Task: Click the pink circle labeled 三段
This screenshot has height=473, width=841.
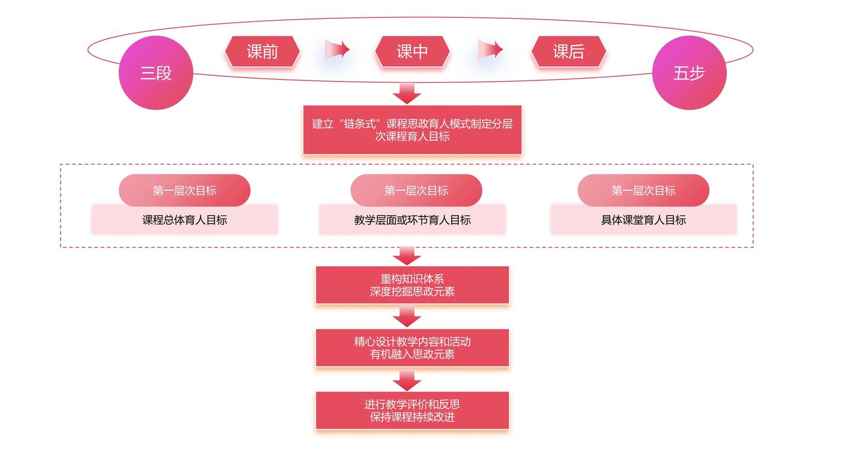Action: click(156, 73)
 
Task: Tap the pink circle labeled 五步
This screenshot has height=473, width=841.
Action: click(689, 73)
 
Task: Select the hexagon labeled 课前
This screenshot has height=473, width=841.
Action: click(262, 51)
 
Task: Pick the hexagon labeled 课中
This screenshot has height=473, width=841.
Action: click(412, 51)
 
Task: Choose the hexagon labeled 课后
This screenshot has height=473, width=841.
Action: click(568, 51)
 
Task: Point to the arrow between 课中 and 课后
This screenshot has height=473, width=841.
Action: click(490, 50)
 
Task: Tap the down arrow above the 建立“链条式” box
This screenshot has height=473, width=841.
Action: click(407, 93)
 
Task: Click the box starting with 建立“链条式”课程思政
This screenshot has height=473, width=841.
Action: click(412, 130)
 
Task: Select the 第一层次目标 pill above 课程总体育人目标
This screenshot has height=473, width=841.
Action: click(185, 190)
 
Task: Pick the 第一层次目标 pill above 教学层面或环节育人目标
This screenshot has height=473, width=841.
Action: click(416, 190)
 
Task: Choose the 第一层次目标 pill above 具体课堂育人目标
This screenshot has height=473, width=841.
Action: click(643, 190)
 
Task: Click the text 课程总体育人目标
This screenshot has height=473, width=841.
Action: click(185, 220)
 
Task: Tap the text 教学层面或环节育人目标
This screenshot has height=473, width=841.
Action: click(412, 220)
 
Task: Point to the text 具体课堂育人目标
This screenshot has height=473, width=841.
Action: click(643, 220)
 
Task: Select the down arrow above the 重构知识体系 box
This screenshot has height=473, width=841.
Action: click(407, 256)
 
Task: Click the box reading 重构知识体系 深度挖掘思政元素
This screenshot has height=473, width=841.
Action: click(412, 285)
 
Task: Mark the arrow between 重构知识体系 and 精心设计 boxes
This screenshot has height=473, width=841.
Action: click(407, 318)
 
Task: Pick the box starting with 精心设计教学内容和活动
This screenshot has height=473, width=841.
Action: click(412, 348)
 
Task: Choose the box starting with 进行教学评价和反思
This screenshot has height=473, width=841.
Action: click(412, 410)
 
